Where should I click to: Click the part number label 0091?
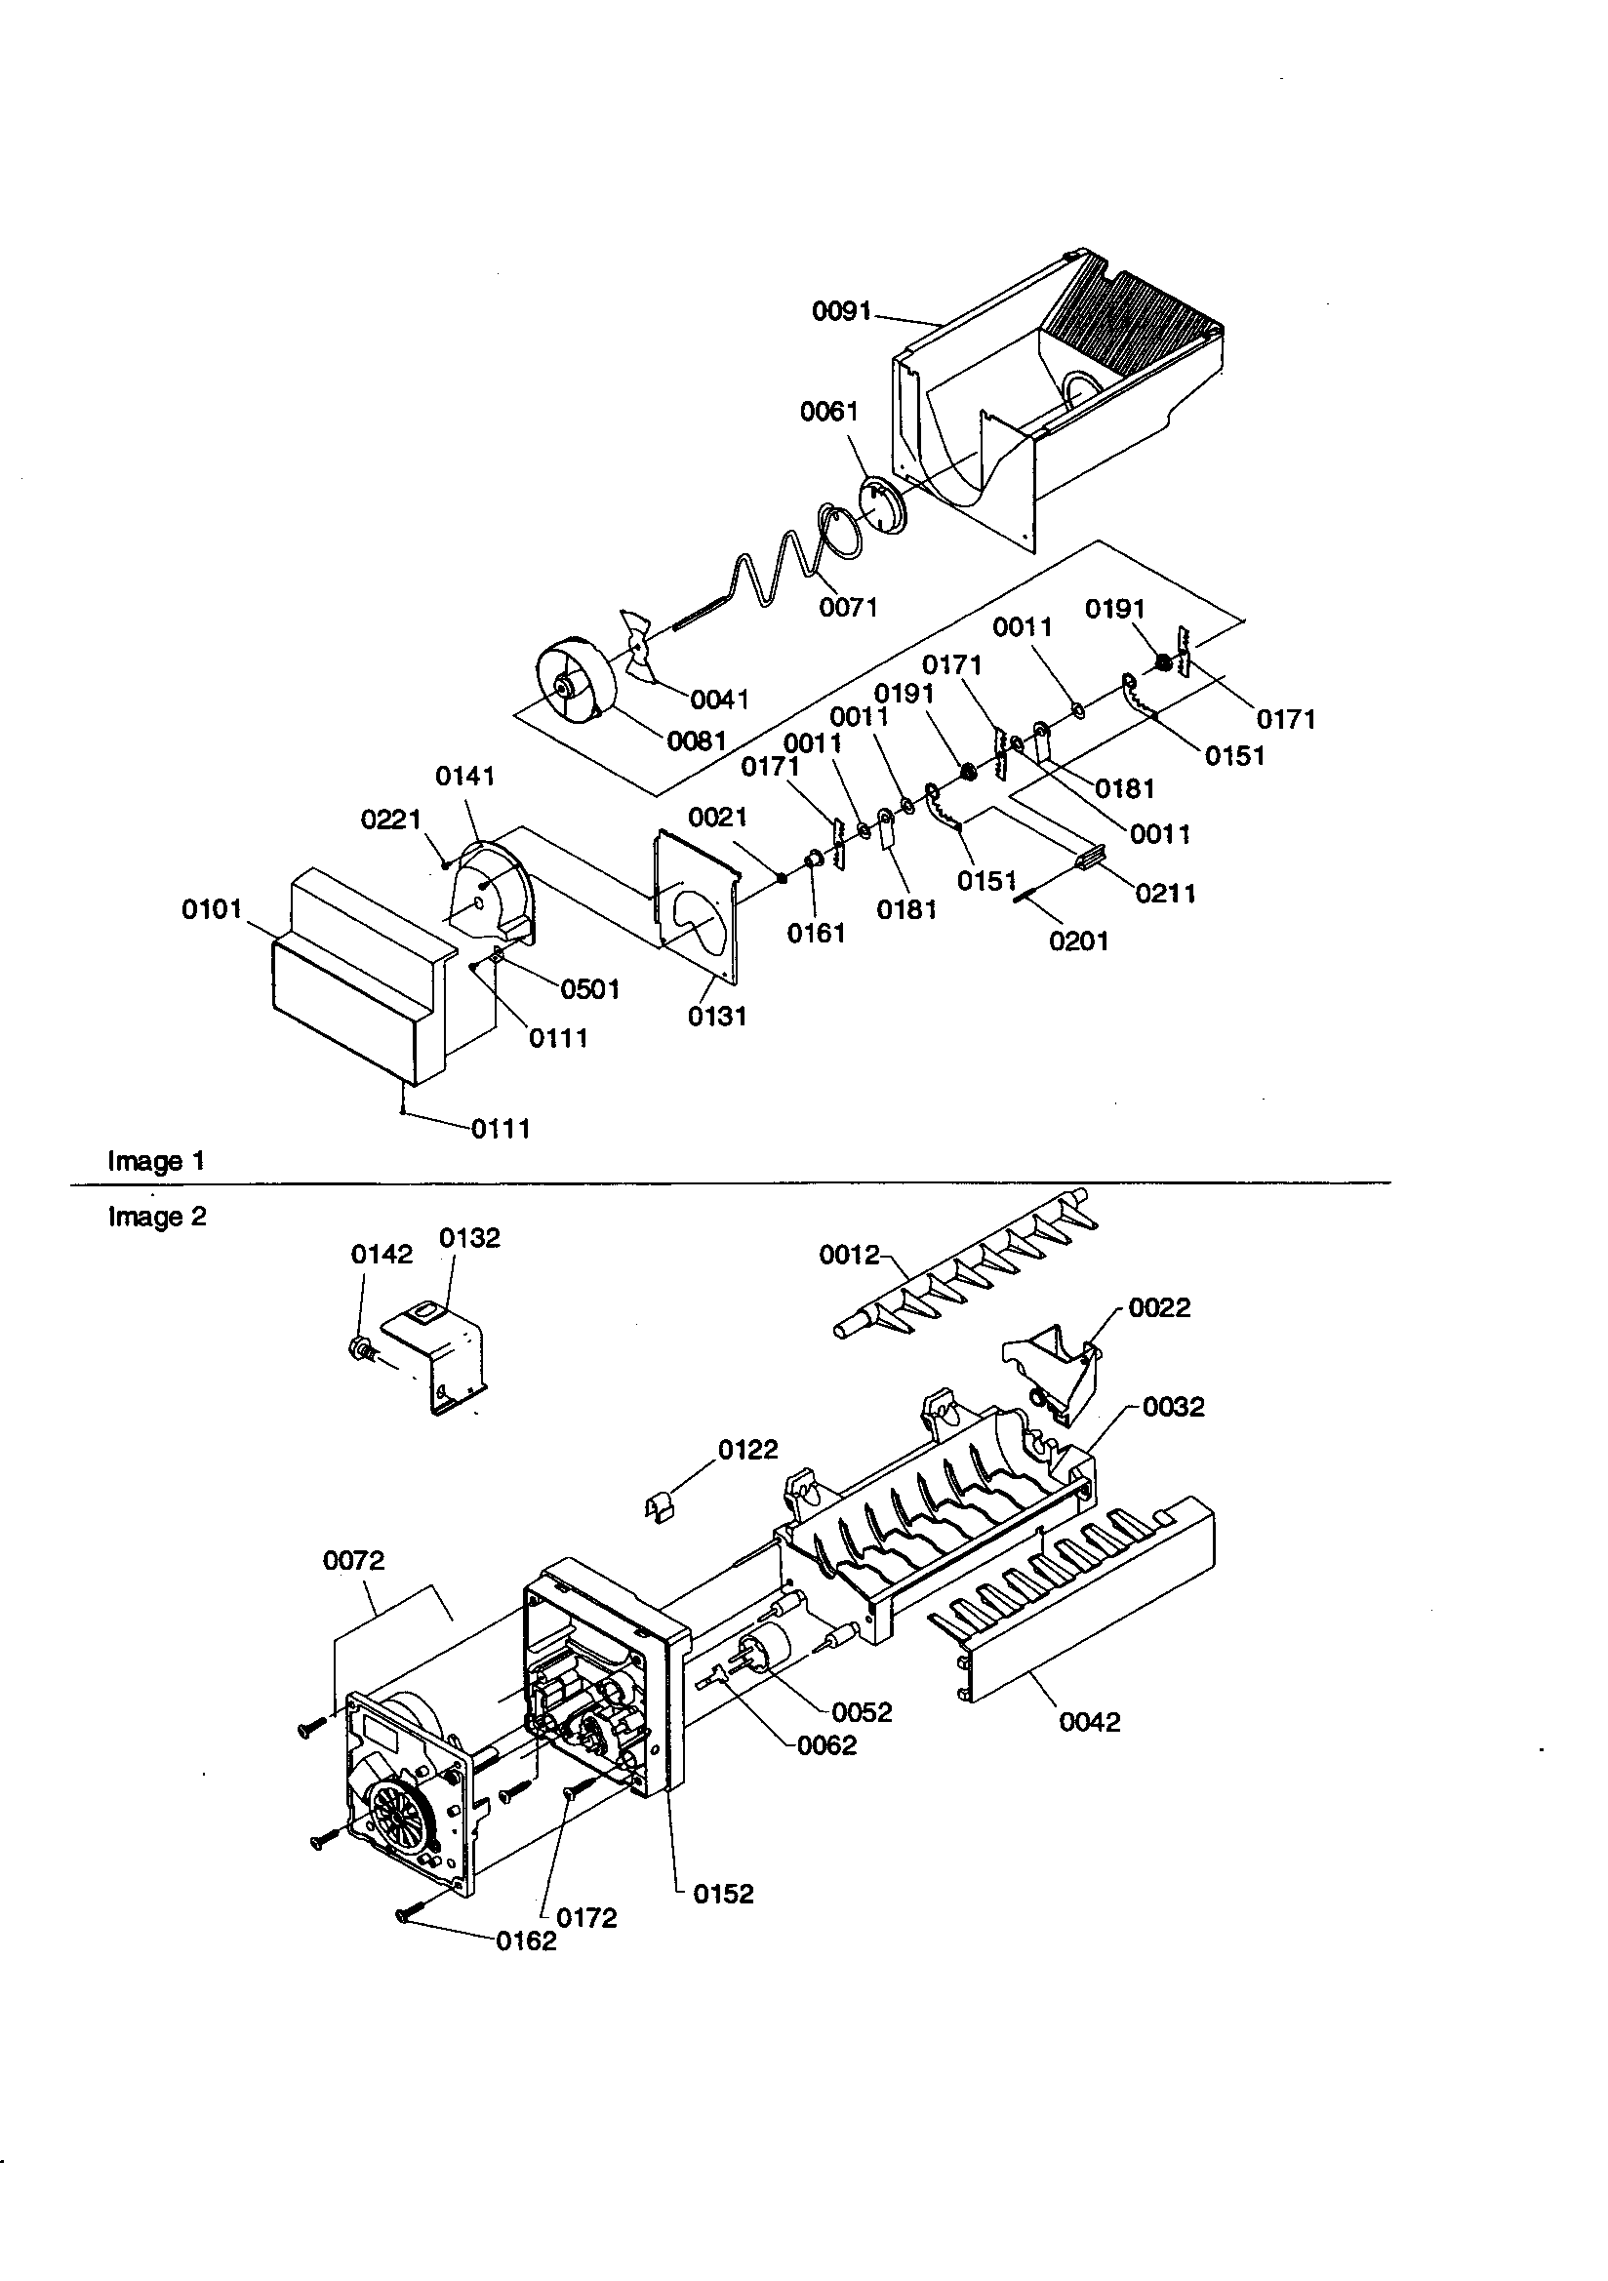pos(841,312)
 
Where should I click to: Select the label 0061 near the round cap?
pos(827,412)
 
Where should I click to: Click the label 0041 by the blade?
pos(718,700)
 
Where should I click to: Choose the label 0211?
pos(1165,892)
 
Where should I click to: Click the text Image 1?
pos(156,1160)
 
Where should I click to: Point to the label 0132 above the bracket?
pos(469,1238)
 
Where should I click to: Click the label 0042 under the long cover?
pos(1089,1722)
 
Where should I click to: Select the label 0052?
pos(862,1712)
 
